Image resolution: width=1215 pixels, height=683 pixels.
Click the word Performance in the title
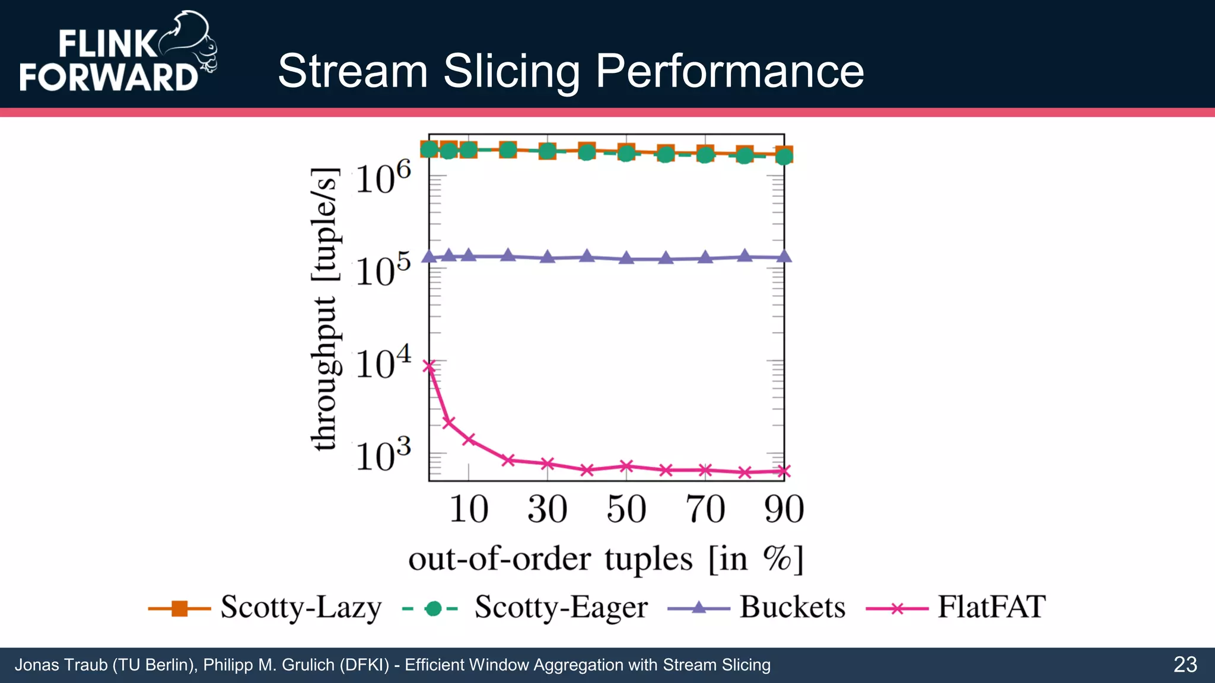pyautogui.click(x=729, y=71)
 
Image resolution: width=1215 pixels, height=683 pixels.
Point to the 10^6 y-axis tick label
pyautogui.click(x=383, y=177)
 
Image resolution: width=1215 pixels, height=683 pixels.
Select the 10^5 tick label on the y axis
pyautogui.click(x=383, y=270)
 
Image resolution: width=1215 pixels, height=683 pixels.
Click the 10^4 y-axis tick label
pyautogui.click(x=383, y=362)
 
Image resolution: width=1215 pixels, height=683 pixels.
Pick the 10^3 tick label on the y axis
pyautogui.click(x=383, y=455)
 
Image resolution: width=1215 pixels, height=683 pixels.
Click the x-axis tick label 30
pyautogui.click(x=547, y=509)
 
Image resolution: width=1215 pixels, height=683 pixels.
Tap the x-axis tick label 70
pyautogui.click(x=705, y=509)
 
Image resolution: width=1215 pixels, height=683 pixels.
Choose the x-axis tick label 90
pyautogui.click(x=784, y=509)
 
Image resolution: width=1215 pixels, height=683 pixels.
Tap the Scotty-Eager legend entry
pyautogui.click(x=525, y=608)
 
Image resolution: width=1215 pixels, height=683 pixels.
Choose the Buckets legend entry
pyautogui.click(x=757, y=608)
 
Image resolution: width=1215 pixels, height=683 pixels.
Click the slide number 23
pyautogui.click(x=1185, y=665)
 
